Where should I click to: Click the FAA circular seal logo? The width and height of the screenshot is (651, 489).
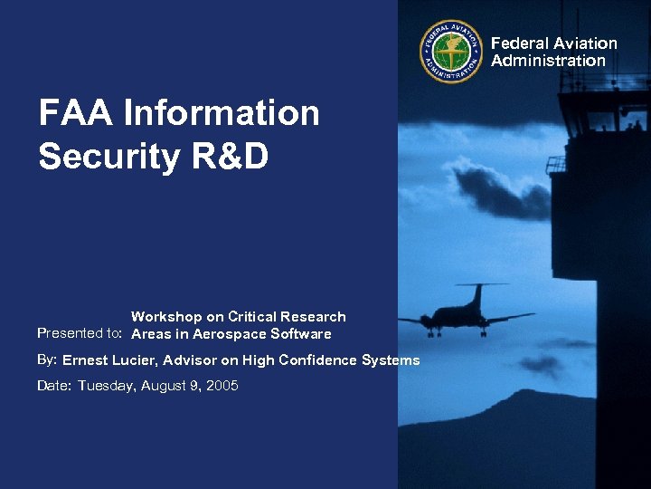click(x=451, y=51)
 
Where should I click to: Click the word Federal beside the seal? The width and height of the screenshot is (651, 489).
click(x=519, y=43)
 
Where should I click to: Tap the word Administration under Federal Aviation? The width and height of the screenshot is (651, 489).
click(x=548, y=61)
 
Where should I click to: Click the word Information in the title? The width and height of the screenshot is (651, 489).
click(x=222, y=114)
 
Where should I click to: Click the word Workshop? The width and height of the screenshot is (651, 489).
click(x=167, y=317)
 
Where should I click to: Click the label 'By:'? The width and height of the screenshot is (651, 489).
click(x=47, y=360)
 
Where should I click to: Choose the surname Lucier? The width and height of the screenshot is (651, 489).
click(x=139, y=360)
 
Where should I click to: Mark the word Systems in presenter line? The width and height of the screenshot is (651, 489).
click(x=391, y=360)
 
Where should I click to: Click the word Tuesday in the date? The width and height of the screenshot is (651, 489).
click(x=108, y=387)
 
